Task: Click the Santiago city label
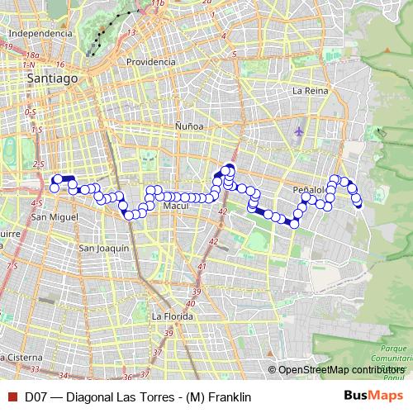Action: coord(52,78)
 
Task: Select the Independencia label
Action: coord(39,34)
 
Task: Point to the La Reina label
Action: coord(311,90)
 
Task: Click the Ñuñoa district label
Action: coord(189,126)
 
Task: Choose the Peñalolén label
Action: coord(313,190)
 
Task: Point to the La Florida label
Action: coord(171,316)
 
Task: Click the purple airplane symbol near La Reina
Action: coord(298,131)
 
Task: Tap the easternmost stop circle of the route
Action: coord(358,204)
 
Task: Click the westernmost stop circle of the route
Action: coord(54,188)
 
